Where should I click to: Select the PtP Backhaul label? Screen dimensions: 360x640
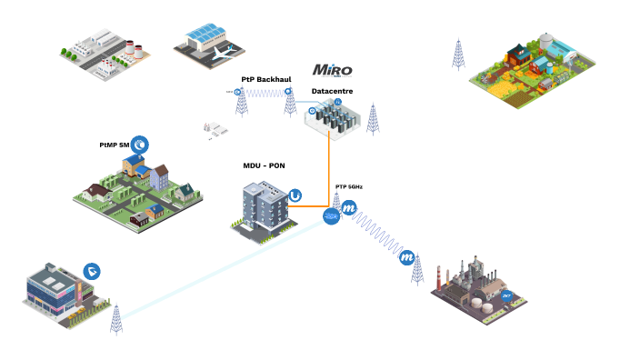pyautogui.click(x=265, y=80)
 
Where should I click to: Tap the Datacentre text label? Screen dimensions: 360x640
pyautogui.click(x=332, y=91)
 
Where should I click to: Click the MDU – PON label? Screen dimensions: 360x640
pyautogui.click(x=264, y=165)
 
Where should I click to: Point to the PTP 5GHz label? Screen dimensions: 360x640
pyautogui.click(x=348, y=186)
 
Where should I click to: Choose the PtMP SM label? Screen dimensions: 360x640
pyautogui.click(x=115, y=145)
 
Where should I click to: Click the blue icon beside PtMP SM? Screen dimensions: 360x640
pyautogui.click(x=140, y=144)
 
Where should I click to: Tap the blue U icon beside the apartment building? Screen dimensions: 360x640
pyautogui.click(x=295, y=195)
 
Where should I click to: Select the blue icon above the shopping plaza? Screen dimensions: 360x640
pyautogui.click(x=92, y=271)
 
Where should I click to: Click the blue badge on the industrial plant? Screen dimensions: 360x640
pyautogui.click(x=507, y=295)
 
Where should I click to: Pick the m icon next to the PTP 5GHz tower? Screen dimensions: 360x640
pyautogui.click(x=348, y=208)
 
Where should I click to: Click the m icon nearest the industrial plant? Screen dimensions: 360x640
pyautogui.click(x=407, y=257)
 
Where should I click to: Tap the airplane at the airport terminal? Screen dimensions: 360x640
pyautogui.click(x=220, y=54)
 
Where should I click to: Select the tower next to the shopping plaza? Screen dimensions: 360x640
pyautogui.click(x=115, y=319)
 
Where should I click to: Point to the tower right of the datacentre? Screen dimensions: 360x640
pyautogui.click(x=372, y=119)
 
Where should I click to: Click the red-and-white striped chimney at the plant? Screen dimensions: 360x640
pyautogui.click(x=439, y=277)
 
